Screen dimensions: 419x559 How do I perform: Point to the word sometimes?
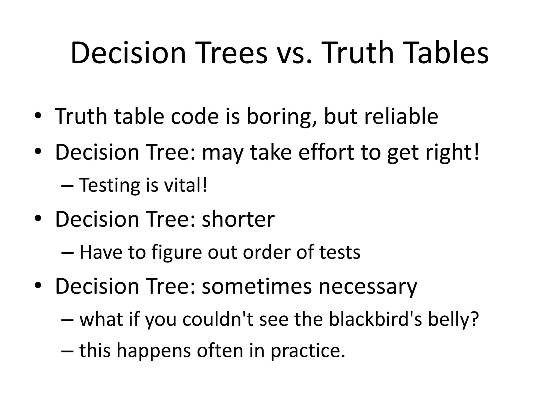pos(257,286)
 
